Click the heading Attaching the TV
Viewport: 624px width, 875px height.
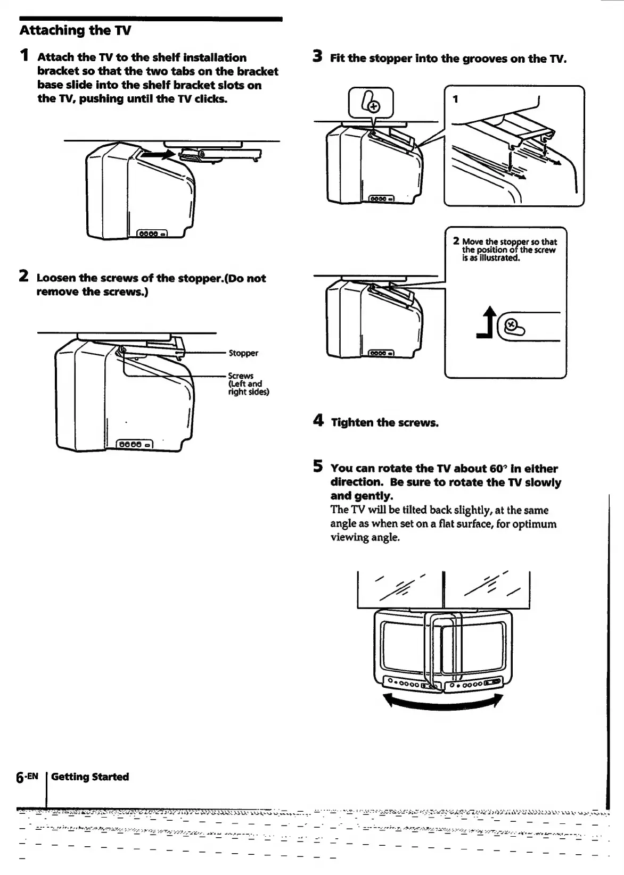click(x=75, y=30)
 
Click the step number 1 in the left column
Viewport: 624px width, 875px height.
click(x=24, y=56)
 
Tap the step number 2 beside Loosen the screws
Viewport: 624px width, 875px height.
click(x=24, y=277)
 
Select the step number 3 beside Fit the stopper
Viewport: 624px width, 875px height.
click(x=318, y=56)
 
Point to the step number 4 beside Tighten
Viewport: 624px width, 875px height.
click(x=318, y=421)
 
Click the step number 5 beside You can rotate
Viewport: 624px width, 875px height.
click(x=318, y=467)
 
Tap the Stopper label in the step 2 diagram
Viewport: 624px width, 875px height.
click(x=243, y=353)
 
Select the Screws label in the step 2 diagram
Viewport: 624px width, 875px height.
click(x=241, y=376)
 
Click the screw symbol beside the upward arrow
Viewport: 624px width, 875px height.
click(x=512, y=325)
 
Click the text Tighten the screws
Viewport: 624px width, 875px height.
click(x=384, y=423)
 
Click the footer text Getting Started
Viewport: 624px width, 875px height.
click(x=90, y=777)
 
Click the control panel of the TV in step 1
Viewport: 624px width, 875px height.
click(x=153, y=234)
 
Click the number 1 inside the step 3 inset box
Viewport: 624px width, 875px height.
click(x=455, y=99)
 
